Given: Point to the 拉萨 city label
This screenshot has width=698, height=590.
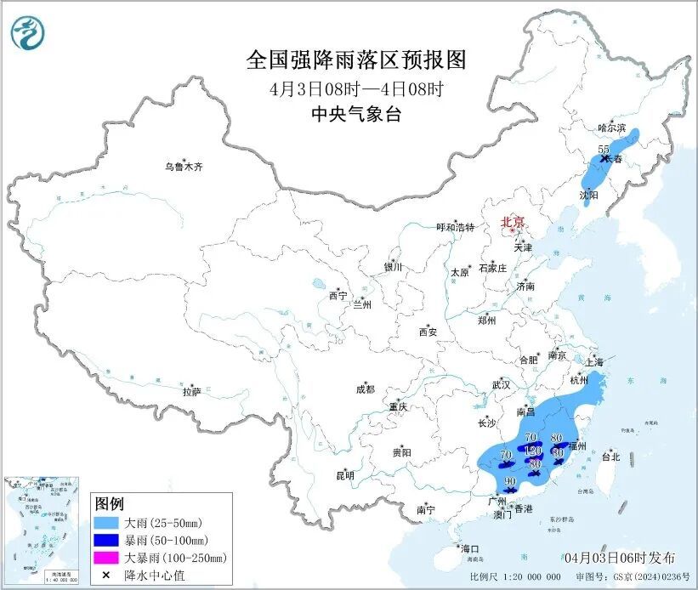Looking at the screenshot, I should pyautogui.click(x=191, y=392).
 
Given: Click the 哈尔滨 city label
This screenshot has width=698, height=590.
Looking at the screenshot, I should pyautogui.click(x=610, y=128).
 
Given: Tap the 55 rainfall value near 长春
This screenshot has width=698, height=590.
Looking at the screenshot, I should pyautogui.click(x=604, y=150).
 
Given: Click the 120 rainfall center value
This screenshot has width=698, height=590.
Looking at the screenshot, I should pyautogui.click(x=533, y=450).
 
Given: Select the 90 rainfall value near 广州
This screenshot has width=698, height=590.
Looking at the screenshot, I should pyautogui.click(x=510, y=482).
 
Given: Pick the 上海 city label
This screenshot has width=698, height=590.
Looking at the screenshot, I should pyautogui.click(x=595, y=362).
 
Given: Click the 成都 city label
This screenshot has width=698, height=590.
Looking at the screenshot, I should pyautogui.click(x=365, y=390).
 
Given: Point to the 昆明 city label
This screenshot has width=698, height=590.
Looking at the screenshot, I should pyautogui.click(x=344, y=475).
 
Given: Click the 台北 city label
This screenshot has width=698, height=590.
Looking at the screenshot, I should pyautogui.click(x=610, y=457).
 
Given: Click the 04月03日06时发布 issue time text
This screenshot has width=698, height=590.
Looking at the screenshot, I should pyautogui.click(x=620, y=558).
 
